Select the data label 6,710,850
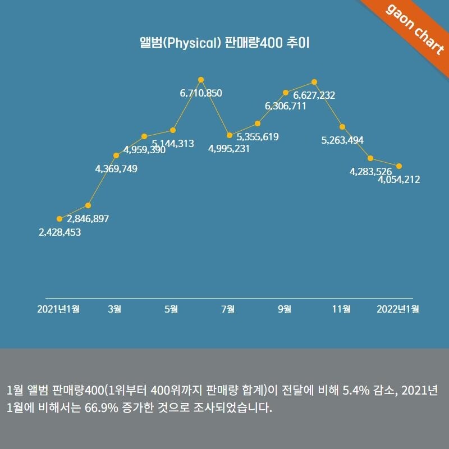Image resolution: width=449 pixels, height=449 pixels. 201,93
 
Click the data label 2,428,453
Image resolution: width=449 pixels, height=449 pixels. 59,232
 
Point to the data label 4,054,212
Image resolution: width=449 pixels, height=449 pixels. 399,180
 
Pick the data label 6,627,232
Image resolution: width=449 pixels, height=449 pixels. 314,95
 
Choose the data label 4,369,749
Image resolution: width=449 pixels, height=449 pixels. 116,168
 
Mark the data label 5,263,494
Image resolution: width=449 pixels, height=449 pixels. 342,140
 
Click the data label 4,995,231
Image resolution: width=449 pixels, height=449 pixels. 229,149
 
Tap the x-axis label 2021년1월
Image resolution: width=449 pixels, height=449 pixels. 58,309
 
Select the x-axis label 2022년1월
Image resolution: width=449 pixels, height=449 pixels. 398,309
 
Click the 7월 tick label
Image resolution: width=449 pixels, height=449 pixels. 228,309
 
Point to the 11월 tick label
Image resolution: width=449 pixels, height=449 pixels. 341,309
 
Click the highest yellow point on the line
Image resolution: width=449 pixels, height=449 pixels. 201,80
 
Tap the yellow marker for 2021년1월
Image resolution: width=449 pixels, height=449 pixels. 59,219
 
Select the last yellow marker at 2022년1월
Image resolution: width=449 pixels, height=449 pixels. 399,166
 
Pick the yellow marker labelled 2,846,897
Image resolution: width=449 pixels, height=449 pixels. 88,205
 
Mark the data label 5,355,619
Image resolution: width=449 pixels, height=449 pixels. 258,136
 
